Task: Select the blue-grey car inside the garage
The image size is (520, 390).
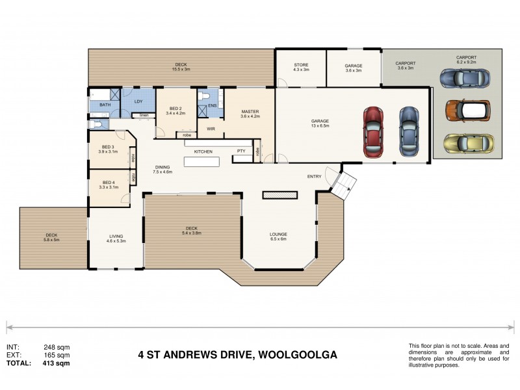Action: point(408,130)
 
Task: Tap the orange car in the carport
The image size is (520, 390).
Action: point(467,110)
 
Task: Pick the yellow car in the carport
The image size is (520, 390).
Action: point(467,142)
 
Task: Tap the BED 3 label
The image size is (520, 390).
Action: point(107,148)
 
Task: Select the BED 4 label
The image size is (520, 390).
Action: point(107,183)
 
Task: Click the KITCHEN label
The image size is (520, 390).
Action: point(203,151)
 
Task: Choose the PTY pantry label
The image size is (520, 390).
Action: point(240,151)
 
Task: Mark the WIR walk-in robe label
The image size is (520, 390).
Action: point(211,129)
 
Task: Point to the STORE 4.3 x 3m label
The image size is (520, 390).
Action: point(300,67)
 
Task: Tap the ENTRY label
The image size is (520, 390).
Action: point(315,176)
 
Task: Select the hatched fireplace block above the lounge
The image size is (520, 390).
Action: point(279,194)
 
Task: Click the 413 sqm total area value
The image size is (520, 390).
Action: point(56,363)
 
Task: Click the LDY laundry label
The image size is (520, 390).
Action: point(138,101)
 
